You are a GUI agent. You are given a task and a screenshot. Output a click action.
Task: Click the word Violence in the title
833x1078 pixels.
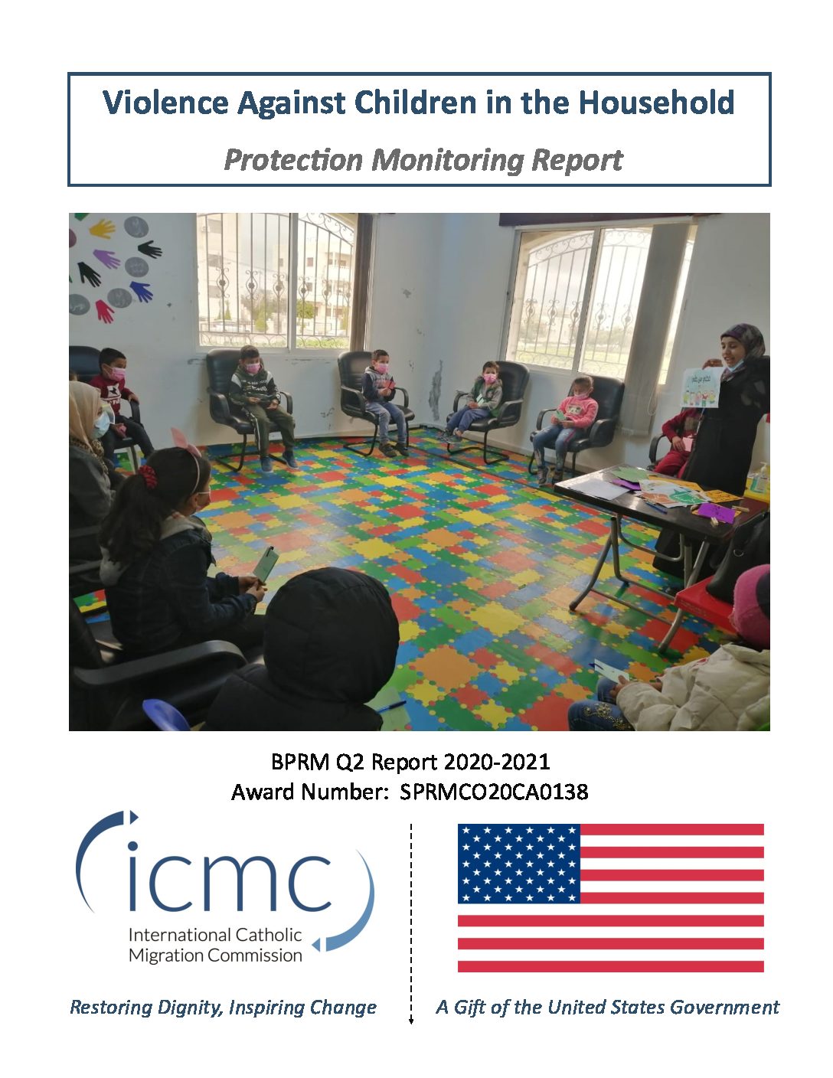[165, 102]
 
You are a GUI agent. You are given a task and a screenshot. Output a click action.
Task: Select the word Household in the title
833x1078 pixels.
[656, 102]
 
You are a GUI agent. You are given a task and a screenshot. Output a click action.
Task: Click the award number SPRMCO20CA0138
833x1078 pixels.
[494, 792]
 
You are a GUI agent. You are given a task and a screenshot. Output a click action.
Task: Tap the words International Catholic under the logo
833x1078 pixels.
[215, 935]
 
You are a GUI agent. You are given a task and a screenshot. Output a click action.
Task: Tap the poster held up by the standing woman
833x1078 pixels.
[701, 387]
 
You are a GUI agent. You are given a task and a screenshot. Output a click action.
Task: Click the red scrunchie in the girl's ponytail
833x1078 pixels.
[148, 476]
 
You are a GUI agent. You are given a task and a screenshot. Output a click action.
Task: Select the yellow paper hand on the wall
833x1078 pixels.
[102, 229]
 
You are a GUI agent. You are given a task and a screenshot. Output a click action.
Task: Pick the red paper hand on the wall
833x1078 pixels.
[105, 311]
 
